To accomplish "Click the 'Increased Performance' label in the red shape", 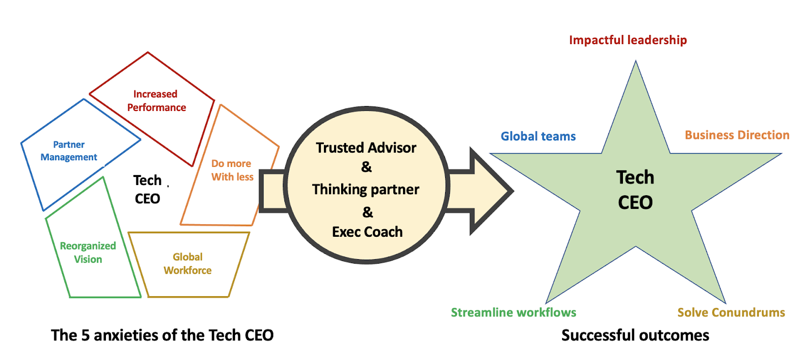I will pos(156,100).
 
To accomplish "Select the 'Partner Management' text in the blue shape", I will pos(69,151).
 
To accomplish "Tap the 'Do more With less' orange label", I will pos(232,170).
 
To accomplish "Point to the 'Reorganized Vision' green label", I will pos(88,253).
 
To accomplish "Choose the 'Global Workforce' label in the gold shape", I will pos(188,264).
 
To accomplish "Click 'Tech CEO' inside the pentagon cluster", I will pos(148,189).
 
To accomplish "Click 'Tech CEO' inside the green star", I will pos(635,190).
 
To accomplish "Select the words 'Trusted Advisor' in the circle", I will pos(366,148).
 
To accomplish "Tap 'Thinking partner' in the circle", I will pos(365,189).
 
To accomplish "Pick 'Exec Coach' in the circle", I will pos(367,232).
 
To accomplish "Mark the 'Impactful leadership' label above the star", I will pos(628,40).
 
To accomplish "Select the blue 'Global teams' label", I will pos(538,136).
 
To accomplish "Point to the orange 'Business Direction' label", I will pos(737,135).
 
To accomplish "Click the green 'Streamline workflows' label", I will pos(513,312).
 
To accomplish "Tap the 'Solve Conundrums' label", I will pos(731,312).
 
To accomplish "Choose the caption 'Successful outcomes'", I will pos(635,335).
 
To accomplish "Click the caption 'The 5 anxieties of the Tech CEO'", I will pos(162,335).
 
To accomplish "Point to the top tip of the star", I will pos(636,63).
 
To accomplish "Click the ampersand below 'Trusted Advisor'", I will pos(366,167).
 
